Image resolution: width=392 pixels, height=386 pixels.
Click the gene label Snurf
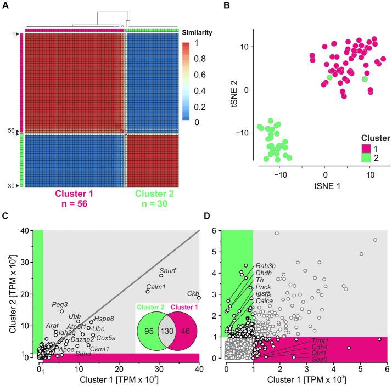pos(167,270)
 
